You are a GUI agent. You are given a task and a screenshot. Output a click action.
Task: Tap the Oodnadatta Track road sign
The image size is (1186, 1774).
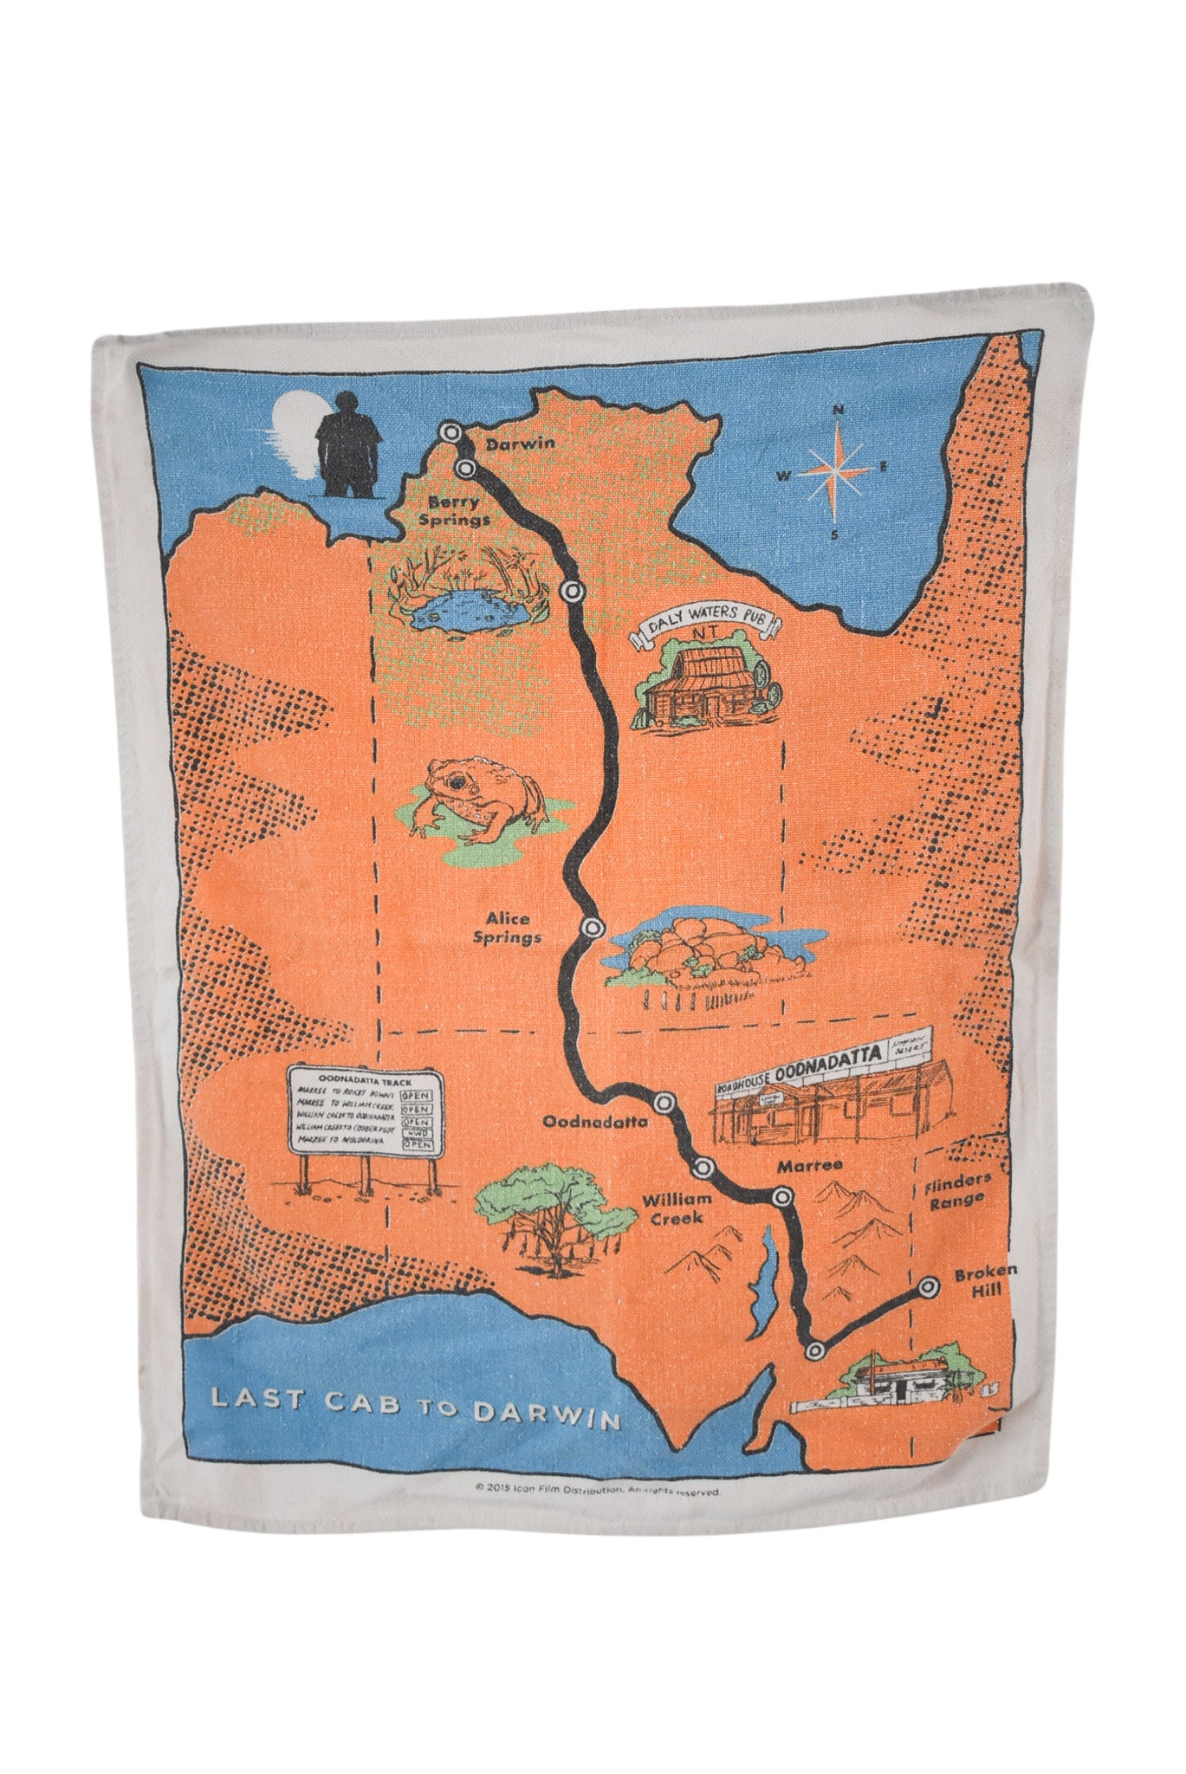tap(365, 1112)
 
